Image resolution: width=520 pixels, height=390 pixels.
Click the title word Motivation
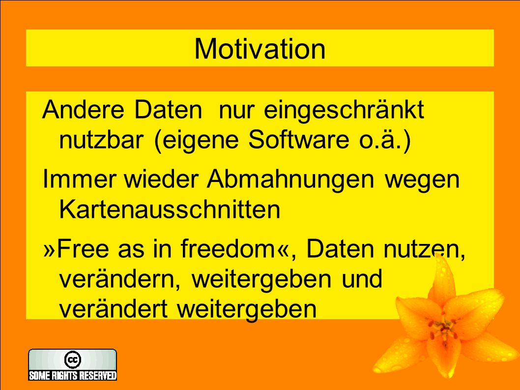[260, 49]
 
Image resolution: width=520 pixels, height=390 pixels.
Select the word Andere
[83, 109]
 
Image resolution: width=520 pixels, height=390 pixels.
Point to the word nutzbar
[101, 139]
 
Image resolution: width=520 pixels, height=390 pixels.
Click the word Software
[298, 139]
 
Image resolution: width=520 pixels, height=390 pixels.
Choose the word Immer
[79, 179]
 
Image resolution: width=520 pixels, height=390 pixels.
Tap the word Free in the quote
[83, 249]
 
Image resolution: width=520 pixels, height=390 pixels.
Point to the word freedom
[227, 248]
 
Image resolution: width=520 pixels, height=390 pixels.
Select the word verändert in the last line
[113, 309]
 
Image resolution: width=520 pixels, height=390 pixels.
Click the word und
[362, 279]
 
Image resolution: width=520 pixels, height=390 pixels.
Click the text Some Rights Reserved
[73, 375]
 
